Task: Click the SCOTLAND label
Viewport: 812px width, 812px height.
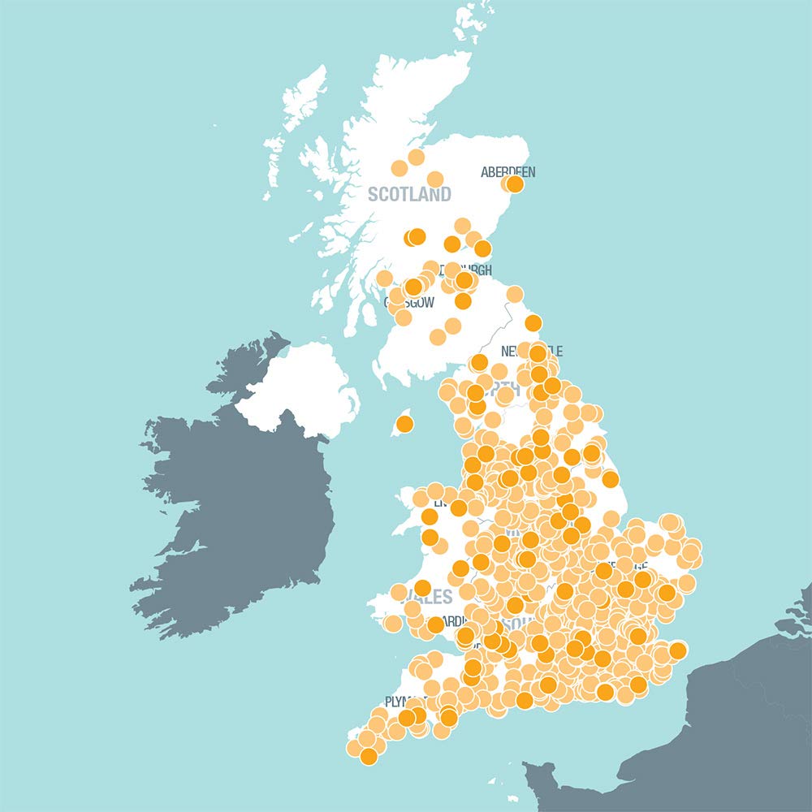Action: click(x=408, y=195)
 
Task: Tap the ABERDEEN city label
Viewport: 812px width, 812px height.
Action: click(x=508, y=171)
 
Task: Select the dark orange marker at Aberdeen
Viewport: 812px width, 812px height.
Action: click(x=515, y=184)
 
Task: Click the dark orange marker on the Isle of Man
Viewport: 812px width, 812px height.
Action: click(x=404, y=424)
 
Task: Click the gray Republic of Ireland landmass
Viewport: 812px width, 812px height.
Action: click(x=235, y=503)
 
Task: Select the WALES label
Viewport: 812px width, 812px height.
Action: click(x=435, y=598)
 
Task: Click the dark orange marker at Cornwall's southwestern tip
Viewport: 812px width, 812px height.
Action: click(x=369, y=756)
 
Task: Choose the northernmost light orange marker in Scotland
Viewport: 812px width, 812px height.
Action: click(x=417, y=157)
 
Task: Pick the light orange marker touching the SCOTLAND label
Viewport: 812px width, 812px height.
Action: click(x=434, y=179)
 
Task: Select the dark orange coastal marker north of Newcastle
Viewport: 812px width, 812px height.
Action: click(x=533, y=323)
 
